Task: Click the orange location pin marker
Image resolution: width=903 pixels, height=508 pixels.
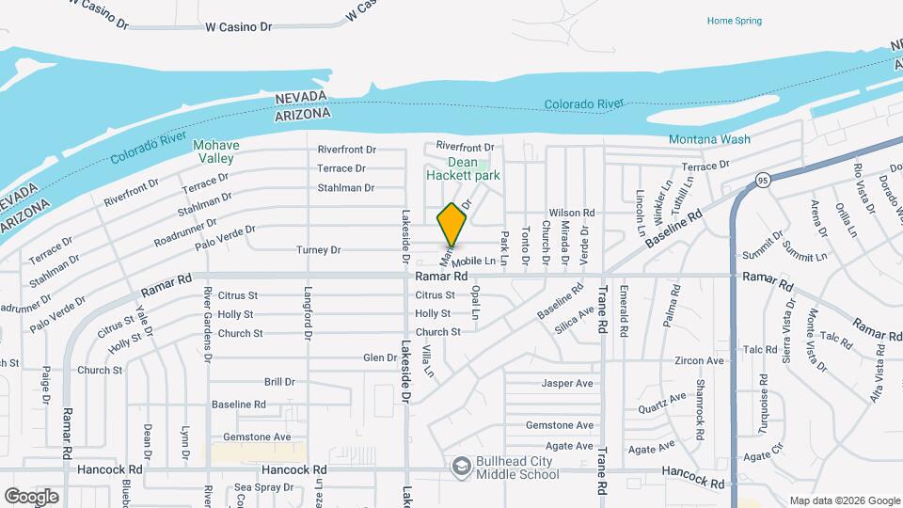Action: click(452, 224)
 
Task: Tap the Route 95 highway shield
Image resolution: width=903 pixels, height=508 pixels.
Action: click(763, 179)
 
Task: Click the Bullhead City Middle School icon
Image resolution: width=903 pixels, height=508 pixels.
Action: click(462, 466)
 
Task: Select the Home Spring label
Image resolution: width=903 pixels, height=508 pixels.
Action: click(735, 21)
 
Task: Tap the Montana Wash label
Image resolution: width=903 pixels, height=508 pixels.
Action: click(709, 139)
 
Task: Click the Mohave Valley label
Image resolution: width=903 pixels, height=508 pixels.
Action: click(215, 151)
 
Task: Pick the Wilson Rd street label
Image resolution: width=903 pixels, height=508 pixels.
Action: click(572, 214)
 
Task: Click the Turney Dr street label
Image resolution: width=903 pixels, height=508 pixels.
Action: click(318, 250)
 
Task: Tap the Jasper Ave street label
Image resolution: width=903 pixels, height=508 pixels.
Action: click(567, 383)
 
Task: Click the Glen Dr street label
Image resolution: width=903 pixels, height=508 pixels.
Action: click(380, 357)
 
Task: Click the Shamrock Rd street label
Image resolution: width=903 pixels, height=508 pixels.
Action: click(699, 401)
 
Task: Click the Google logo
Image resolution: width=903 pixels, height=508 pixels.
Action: click(31, 496)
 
